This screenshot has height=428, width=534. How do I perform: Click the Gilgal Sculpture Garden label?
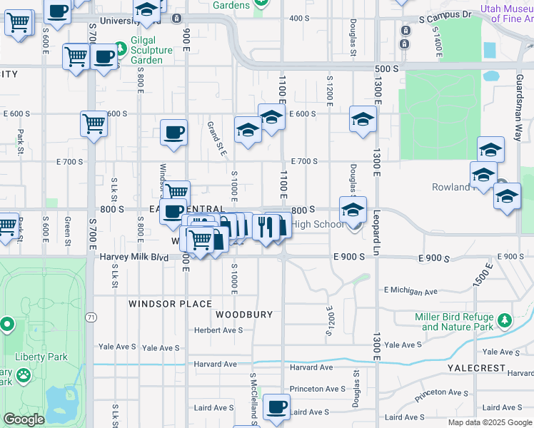(151, 55)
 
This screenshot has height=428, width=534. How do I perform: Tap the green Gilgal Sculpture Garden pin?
(120, 49)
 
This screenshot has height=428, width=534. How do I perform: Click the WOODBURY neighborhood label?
(244, 314)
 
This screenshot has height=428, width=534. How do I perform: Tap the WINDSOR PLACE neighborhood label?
(161, 303)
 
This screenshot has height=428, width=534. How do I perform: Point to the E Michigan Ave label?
(410, 291)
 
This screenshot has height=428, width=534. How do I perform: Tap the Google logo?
(24, 419)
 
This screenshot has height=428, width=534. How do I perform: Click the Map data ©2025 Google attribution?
(490, 422)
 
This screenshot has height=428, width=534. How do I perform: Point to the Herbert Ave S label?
(219, 330)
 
